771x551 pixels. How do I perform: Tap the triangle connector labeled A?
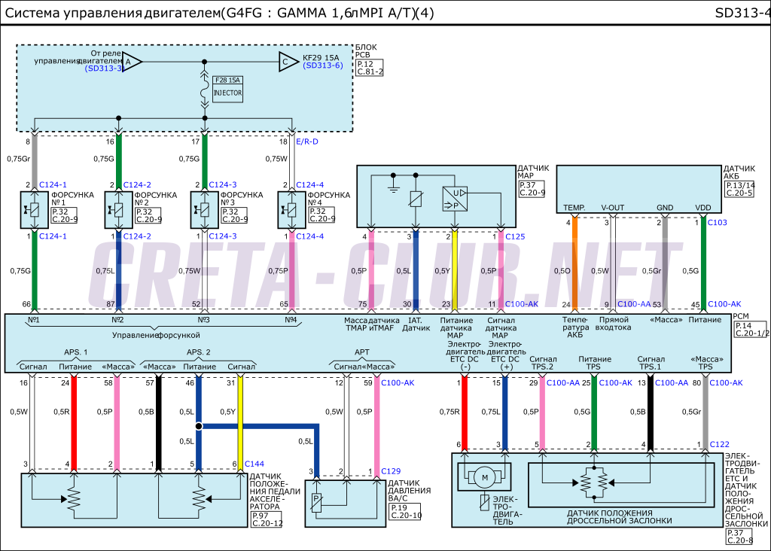pos(131,62)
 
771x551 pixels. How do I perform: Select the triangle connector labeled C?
pos(287,62)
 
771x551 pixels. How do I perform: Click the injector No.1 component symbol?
pos(34,211)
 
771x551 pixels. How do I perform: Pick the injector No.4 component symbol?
pos(291,211)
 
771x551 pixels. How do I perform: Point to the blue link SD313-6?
pos(323,65)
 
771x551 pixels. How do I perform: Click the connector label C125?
pos(516,236)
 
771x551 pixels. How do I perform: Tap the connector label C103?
pos(718,223)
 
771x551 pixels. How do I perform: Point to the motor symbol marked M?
pos(485,477)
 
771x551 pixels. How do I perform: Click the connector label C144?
pos(255,464)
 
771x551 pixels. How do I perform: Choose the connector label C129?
pos(392,471)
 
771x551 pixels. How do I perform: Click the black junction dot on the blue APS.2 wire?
pos(199,426)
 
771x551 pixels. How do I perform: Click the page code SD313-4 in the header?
pos(742,14)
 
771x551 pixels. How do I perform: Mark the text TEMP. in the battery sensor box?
pos(574,207)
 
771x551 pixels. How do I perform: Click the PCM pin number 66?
pos(26,305)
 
